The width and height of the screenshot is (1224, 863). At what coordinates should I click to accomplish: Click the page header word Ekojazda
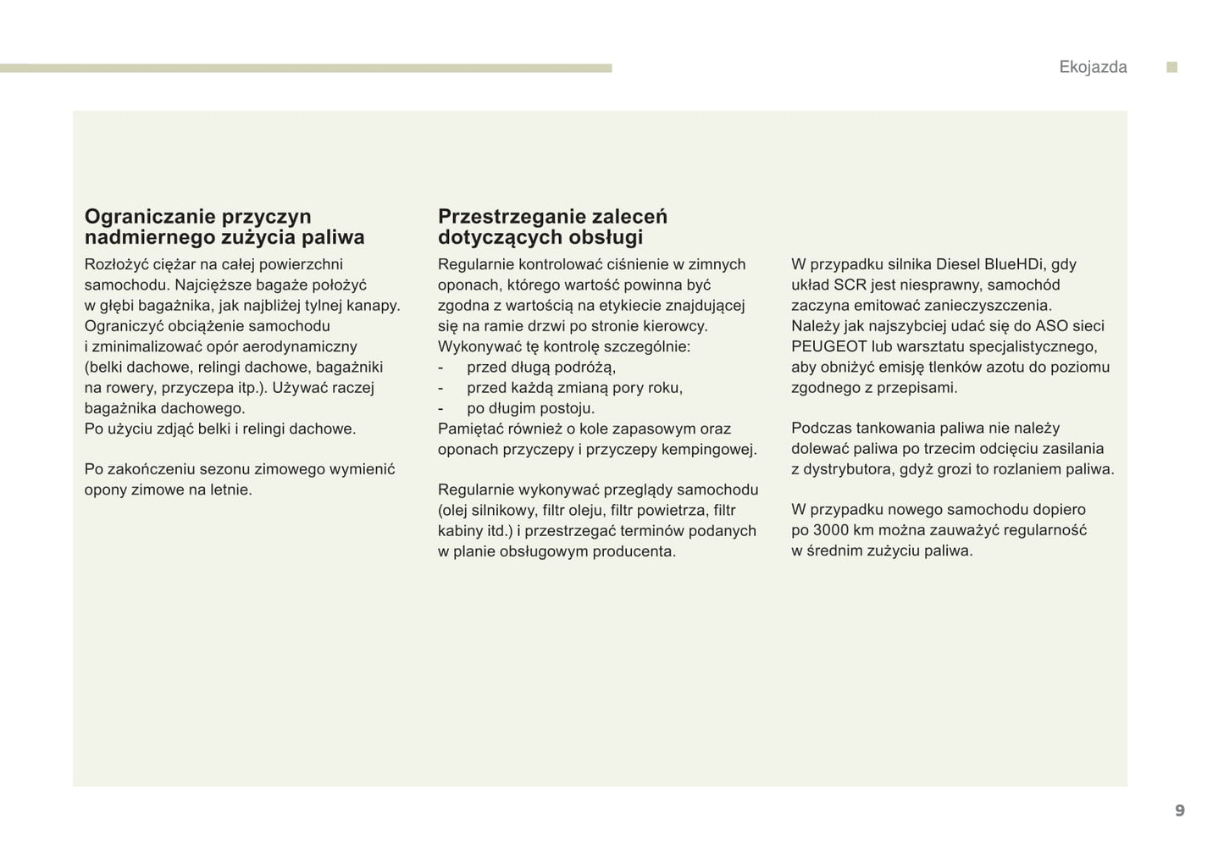[x=1093, y=67]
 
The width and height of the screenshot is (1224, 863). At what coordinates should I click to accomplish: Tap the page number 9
[x=1180, y=810]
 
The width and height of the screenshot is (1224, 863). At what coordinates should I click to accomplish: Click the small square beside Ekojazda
[x=1172, y=67]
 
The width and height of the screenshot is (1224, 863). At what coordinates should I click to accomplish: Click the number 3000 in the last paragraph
[x=831, y=530]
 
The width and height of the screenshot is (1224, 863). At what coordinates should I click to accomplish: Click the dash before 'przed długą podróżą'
[x=440, y=368]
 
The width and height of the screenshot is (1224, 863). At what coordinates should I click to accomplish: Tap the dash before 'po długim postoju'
[x=440, y=408]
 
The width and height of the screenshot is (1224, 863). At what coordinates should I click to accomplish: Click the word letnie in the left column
[x=230, y=490]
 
